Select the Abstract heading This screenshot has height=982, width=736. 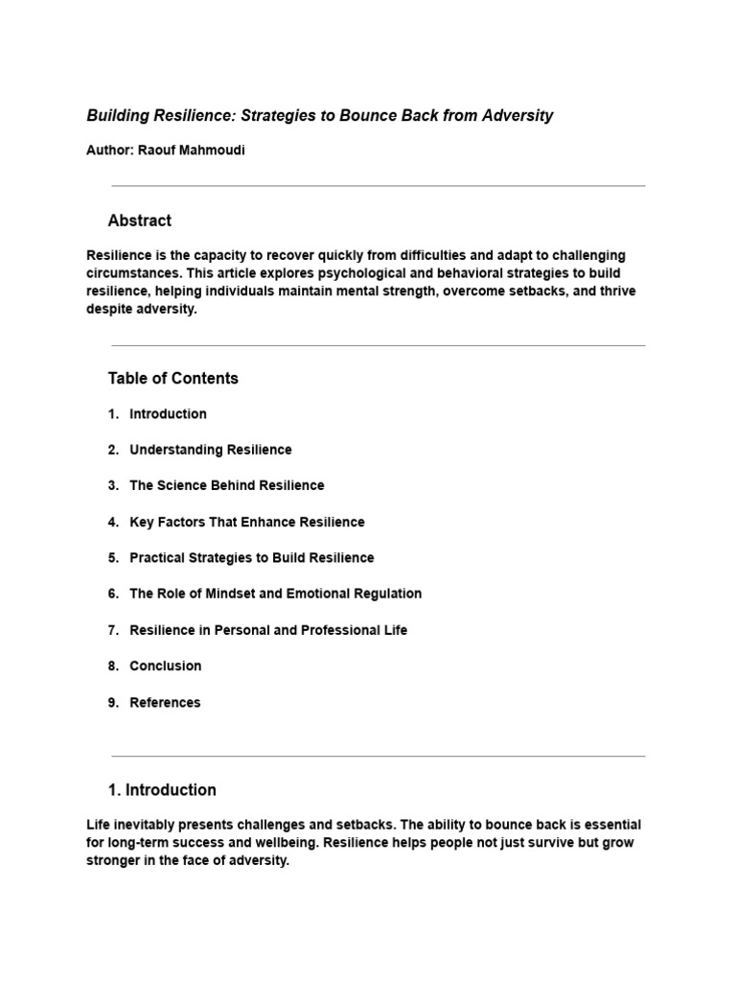point(139,221)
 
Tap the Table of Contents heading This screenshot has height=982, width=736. point(172,378)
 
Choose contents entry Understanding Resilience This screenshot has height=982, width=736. point(210,450)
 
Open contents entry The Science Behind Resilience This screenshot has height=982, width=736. point(226,485)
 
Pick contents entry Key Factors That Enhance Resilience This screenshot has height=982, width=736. point(246,522)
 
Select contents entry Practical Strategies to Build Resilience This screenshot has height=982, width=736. point(251,557)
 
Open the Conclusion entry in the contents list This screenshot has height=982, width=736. point(165,666)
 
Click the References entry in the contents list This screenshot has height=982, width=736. point(165,702)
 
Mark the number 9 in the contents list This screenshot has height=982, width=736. point(112,702)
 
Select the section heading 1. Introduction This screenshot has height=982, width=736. point(162,790)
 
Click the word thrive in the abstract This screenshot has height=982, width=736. point(616,291)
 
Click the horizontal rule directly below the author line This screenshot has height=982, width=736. point(378,186)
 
